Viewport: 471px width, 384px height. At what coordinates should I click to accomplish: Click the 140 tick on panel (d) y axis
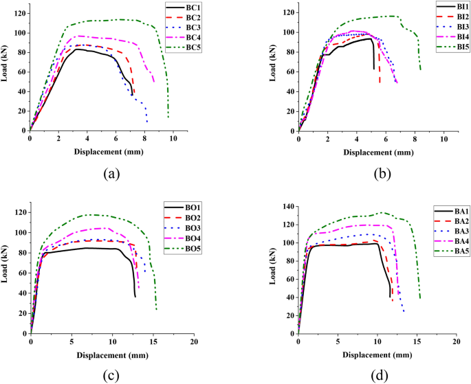287,206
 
